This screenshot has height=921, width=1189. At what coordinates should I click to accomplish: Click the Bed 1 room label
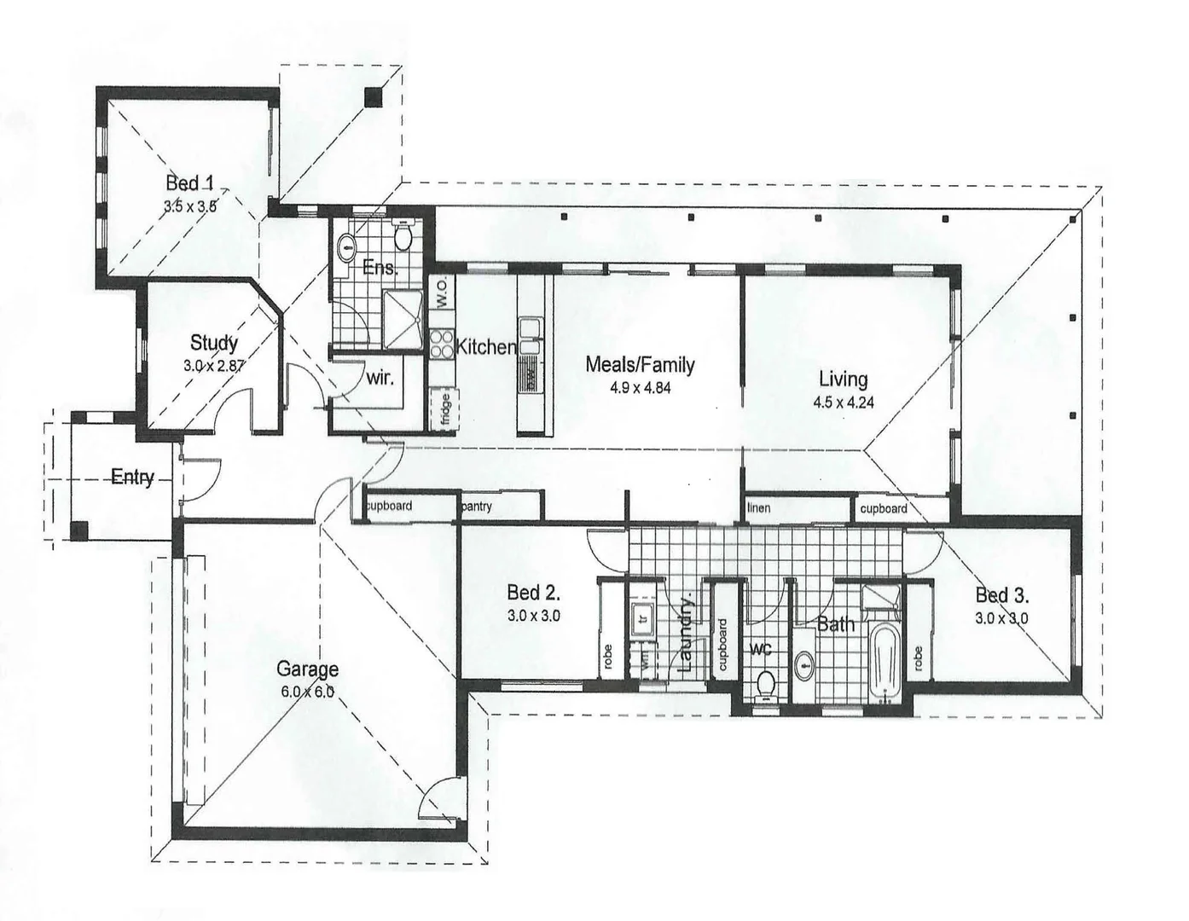click(189, 182)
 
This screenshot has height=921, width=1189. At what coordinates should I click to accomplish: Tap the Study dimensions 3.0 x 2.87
click(213, 365)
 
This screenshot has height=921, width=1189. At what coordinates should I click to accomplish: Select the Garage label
click(307, 669)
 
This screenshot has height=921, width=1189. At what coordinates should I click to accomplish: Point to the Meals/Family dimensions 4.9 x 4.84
click(640, 387)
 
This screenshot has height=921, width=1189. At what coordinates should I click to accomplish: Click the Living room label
click(843, 379)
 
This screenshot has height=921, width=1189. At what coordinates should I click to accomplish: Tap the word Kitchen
click(486, 347)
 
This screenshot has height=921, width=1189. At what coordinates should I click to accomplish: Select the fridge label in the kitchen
click(445, 408)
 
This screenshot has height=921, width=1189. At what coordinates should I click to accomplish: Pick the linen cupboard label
click(758, 508)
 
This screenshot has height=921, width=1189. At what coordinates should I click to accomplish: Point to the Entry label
click(132, 477)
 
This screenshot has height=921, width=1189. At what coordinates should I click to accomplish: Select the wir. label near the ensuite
click(380, 377)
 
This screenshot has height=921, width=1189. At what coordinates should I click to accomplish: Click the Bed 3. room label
click(1001, 594)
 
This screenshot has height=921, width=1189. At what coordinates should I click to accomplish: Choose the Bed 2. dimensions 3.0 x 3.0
click(533, 615)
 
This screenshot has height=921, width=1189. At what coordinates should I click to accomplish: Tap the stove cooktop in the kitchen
click(442, 344)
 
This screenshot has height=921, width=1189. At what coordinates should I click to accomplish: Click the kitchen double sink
click(531, 334)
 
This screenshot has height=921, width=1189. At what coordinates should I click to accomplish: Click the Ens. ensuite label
click(380, 268)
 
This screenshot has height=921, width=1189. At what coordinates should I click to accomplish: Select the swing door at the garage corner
click(439, 797)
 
